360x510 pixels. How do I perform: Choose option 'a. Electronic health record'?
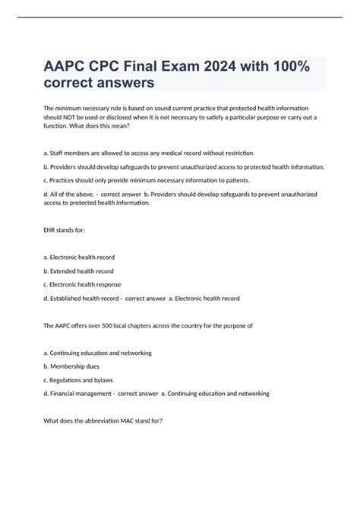point(80,257)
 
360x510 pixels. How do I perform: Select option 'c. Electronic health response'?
point(84,284)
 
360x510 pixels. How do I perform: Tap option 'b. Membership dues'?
point(71,366)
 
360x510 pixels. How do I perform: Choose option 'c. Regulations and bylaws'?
point(79,379)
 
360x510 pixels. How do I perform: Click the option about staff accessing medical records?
point(148,153)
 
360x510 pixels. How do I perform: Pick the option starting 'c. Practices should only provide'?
point(153,180)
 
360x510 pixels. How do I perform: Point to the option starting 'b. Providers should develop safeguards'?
point(185,166)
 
